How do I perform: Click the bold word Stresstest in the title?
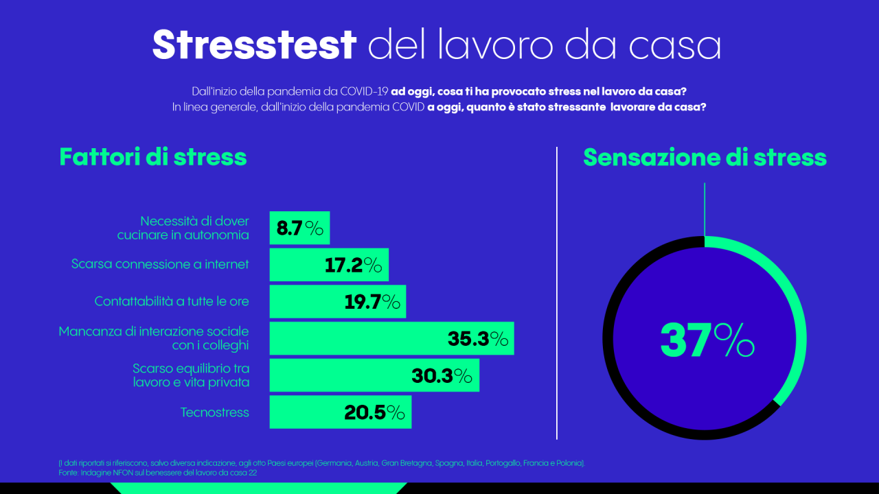254,45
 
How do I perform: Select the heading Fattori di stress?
152,157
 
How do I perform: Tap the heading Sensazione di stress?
705,158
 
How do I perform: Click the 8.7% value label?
299,228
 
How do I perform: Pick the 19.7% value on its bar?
372,302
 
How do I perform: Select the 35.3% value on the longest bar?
478,339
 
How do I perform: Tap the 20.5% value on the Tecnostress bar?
374,412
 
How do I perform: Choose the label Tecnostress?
214,412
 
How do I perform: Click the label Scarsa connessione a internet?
160,264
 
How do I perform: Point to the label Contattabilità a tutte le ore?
172,301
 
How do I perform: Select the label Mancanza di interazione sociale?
154,331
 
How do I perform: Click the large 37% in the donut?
707,340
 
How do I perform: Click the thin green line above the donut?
705,209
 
